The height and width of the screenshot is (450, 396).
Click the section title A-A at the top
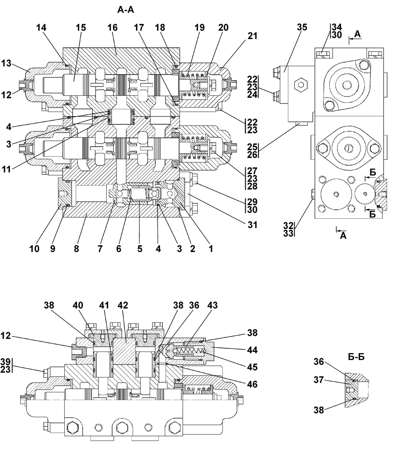[126, 10]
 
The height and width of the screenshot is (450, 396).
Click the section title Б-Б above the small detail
[356, 357]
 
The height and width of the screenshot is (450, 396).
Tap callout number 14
[41, 27]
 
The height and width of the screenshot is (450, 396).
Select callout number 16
[112, 27]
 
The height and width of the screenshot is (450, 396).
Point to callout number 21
[252, 36]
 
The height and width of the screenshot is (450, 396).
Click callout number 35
[302, 27]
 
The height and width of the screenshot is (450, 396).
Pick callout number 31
[252, 225]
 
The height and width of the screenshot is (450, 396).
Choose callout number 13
[6, 63]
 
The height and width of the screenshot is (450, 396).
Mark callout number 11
[6, 169]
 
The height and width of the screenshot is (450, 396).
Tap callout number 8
[76, 248]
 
